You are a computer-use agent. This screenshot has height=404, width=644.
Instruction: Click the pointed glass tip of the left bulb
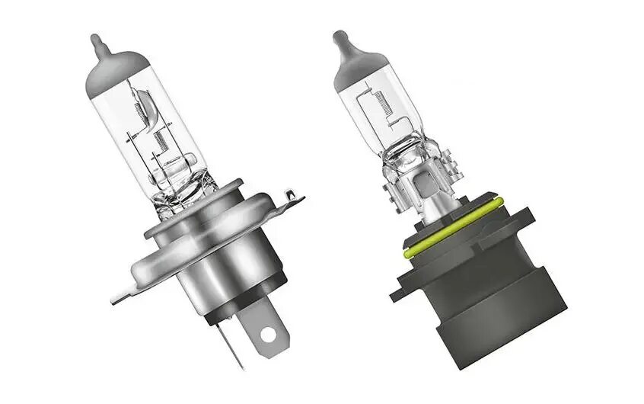[x=96, y=40]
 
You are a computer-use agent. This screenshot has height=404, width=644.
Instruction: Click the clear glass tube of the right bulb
[x=373, y=114]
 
